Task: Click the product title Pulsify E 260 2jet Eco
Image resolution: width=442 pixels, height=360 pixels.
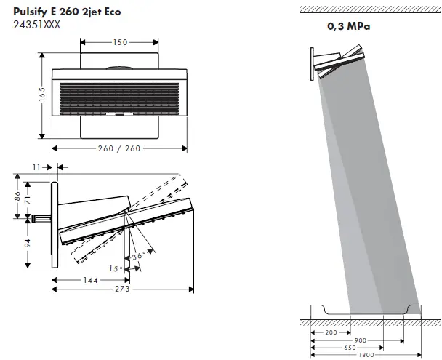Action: (67, 12)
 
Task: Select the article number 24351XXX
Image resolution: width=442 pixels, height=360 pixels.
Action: (36, 25)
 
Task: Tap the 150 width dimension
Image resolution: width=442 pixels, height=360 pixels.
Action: (121, 42)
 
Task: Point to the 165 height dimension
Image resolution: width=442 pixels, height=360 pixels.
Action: (42, 94)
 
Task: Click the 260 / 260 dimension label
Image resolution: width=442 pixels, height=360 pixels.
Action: (119, 148)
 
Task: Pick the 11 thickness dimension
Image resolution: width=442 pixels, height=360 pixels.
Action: (36, 167)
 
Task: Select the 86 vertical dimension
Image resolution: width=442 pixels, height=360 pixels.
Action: (17, 196)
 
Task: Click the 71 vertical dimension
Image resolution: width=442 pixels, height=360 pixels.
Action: (28, 200)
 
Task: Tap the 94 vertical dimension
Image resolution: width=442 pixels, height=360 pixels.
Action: (28, 243)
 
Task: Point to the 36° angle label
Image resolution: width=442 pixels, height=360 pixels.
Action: (139, 256)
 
